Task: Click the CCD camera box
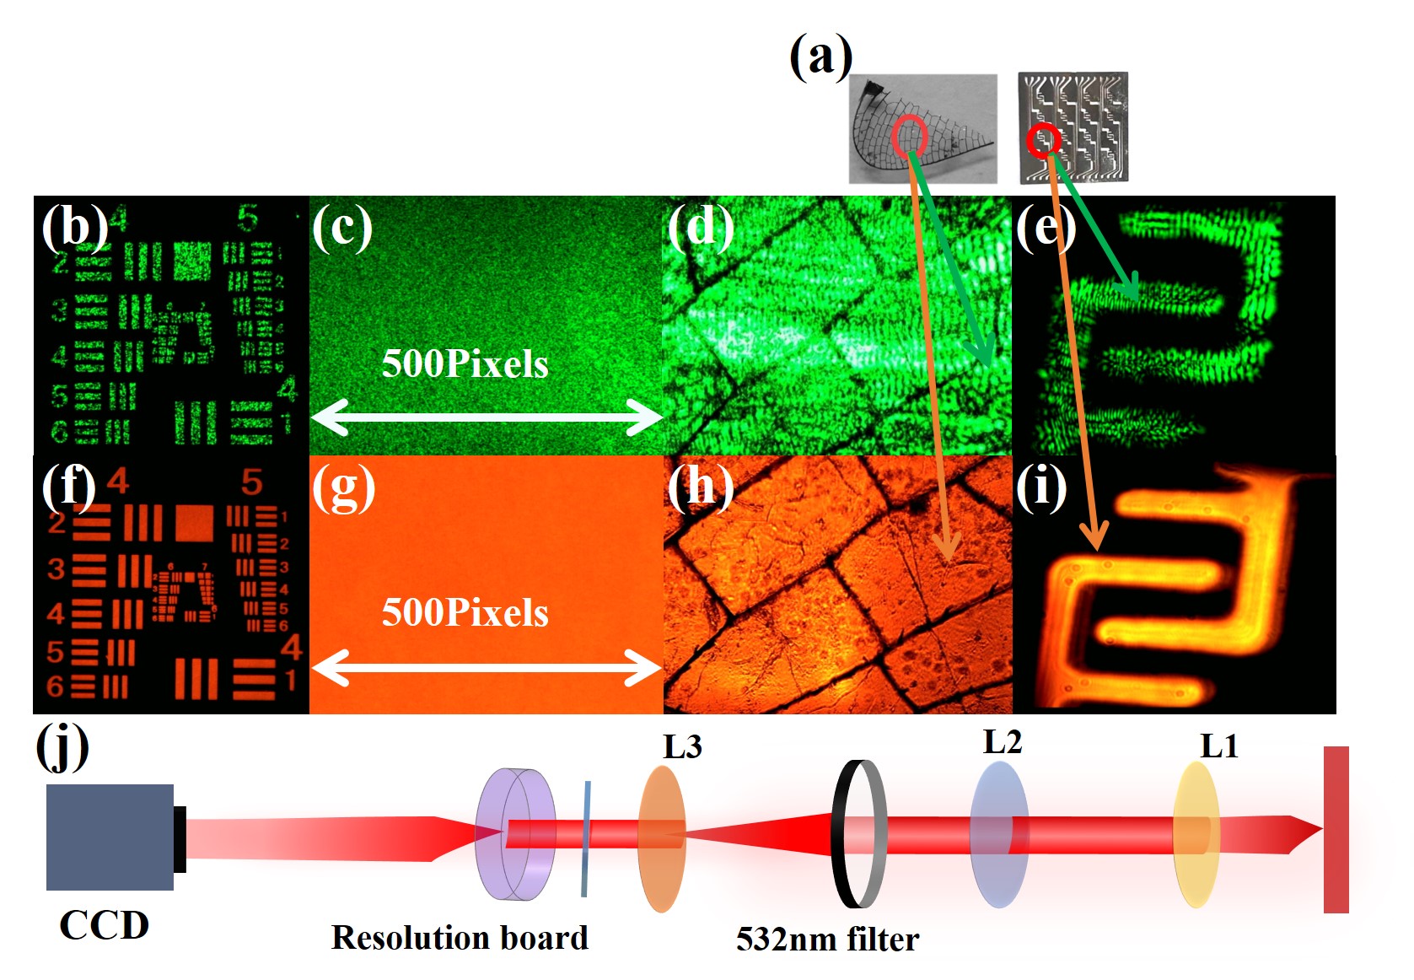[110, 837]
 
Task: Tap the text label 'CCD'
[104, 925]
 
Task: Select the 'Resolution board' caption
[460, 938]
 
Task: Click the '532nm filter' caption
[827, 940]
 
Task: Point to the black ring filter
[858, 833]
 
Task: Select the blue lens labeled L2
[999, 834]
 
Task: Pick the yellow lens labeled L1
[1196, 834]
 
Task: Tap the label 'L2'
[1002, 742]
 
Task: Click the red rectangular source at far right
[1336, 829]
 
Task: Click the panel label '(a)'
[820, 57]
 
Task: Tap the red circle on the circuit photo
[1043, 140]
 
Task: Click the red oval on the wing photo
[909, 136]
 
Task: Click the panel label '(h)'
[700, 487]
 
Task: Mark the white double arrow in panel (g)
[486, 668]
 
